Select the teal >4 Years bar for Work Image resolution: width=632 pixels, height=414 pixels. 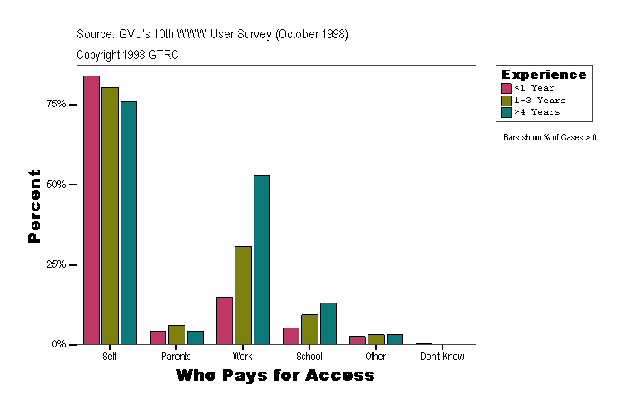(262, 259)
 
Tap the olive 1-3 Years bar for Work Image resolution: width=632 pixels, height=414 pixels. (243, 295)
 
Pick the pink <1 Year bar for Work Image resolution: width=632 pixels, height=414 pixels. (225, 320)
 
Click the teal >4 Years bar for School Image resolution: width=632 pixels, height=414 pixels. (328, 323)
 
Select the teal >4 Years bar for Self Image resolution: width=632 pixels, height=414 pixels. (129, 223)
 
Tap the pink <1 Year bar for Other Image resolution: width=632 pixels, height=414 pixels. (358, 340)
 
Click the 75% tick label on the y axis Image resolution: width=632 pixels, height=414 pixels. (57, 104)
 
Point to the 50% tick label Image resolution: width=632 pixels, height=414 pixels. (57, 184)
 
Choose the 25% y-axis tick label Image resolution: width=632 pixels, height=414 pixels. (57, 264)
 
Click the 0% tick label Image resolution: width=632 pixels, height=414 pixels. (60, 344)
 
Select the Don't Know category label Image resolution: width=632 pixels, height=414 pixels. (442, 357)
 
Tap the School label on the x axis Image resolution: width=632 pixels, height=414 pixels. (309, 357)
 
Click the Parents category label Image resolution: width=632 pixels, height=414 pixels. (176, 357)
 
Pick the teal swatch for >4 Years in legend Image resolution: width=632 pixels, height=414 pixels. (506, 112)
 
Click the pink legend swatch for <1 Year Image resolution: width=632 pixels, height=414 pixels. (506, 88)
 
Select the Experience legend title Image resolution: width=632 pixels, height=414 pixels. (544, 75)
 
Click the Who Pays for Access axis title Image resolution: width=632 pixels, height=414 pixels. (275, 376)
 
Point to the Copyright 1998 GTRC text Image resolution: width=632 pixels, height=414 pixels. (127, 55)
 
